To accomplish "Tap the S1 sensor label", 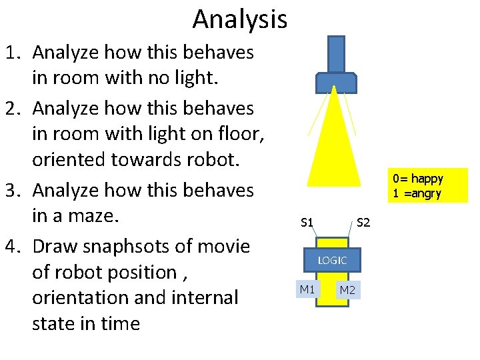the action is [x=307, y=222].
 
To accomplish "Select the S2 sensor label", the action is [x=363, y=222].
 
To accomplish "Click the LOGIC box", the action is [x=332, y=260].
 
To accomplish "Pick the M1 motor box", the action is [x=307, y=289].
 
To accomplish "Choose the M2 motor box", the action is [x=347, y=290].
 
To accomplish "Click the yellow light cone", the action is [x=337, y=147].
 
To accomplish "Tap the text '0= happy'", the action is [x=418, y=179].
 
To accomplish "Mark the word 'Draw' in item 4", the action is [x=57, y=247].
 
